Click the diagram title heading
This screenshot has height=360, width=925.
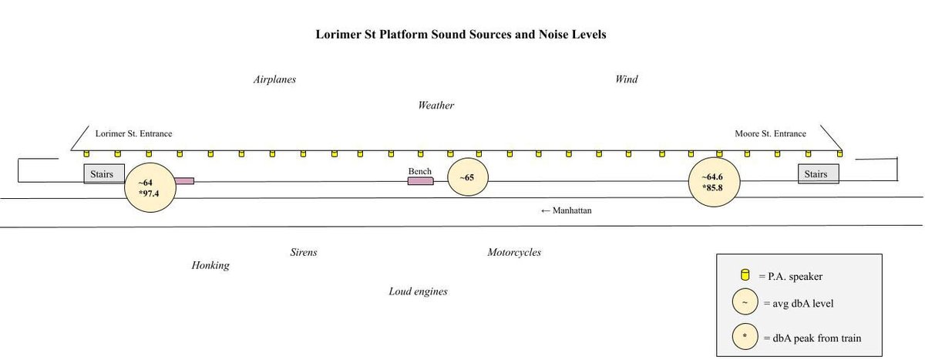pyautogui.click(x=461, y=35)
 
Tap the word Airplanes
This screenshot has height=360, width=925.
pyautogui.click(x=274, y=79)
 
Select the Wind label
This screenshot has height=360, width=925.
pyautogui.click(x=626, y=79)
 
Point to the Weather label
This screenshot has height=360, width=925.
pyautogui.click(x=436, y=106)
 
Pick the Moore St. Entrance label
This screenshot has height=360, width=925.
pyautogui.click(x=770, y=134)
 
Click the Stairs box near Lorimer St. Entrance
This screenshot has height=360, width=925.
pyautogui.click(x=103, y=174)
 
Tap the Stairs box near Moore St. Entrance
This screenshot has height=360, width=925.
pyautogui.click(x=818, y=174)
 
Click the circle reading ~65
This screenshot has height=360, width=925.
pyautogui.click(x=467, y=178)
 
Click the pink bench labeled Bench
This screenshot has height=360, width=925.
pyautogui.click(x=420, y=181)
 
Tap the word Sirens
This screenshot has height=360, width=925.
pyautogui.click(x=303, y=253)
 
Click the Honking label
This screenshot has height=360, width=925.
pyautogui.click(x=210, y=266)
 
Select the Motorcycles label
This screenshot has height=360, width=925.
pyautogui.click(x=513, y=253)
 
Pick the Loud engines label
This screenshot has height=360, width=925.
pyautogui.click(x=418, y=291)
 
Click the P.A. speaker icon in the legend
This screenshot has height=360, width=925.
pyautogui.click(x=745, y=274)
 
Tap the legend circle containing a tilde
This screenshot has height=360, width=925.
pyautogui.click(x=745, y=304)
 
